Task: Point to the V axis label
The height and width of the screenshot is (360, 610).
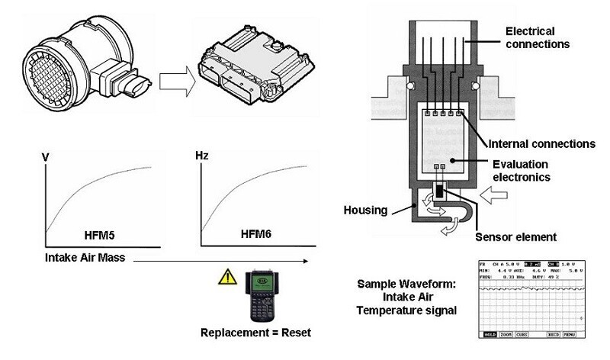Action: pos(46,156)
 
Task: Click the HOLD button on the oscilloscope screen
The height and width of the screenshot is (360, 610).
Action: pos(488,333)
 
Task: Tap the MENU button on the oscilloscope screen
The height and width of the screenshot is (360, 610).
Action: pos(570,333)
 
